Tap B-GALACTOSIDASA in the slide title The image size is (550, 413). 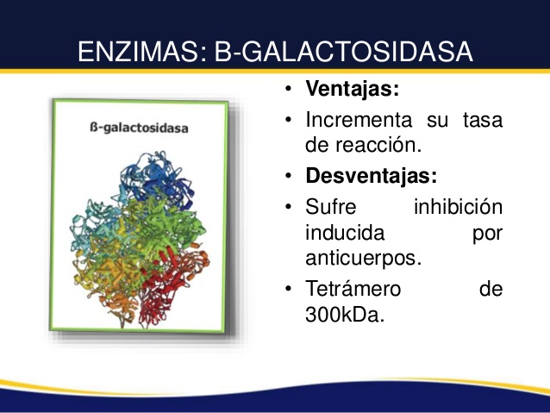pos(344,52)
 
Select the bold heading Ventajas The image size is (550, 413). pos(353,89)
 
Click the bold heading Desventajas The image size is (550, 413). pos(371,175)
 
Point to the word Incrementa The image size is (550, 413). pos(359,120)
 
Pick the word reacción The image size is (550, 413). pos(378,145)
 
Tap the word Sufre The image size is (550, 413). pos(330,206)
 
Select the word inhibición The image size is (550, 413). pos(458,206)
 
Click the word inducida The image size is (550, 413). pos(345,232)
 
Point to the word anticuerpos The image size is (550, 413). pos(364,259)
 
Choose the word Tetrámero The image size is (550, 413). pos(353,289)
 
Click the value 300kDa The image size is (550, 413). pos(345,315)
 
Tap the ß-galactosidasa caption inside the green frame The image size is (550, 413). pos(139,128)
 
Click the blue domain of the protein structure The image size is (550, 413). pos(158,179)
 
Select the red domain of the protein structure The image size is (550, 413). pos(172,281)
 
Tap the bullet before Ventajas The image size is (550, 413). pos(288,89)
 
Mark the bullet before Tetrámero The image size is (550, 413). pos(288,289)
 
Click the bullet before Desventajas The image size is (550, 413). pos(288,175)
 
